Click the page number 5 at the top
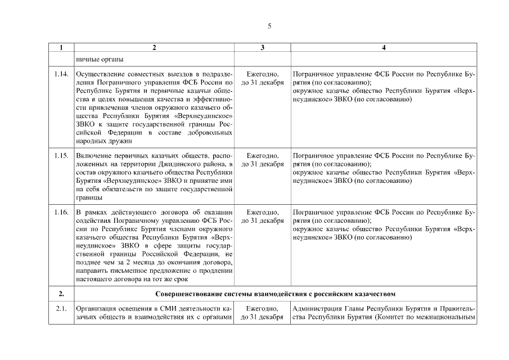[x=269, y=26]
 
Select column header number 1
[x=61, y=48]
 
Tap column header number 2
[x=154, y=48]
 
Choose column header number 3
[x=262, y=48]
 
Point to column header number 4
[x=384, y=48]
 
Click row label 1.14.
[x=61, y=74]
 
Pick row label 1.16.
[x=61, y=212]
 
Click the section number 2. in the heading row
[x=61, y=294]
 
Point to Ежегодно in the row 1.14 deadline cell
[x=263, y=74]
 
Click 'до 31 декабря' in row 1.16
[x=263, y=221]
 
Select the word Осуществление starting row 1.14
[x=100, y=74]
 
